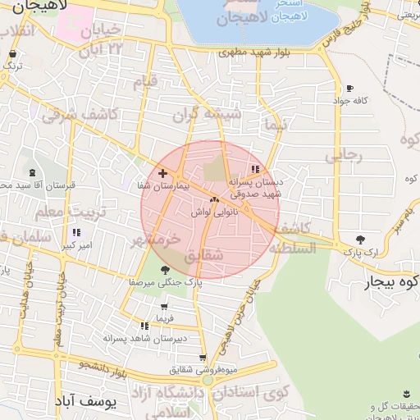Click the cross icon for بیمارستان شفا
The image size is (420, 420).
click(163, 173)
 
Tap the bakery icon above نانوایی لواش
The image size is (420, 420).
click(215, 199)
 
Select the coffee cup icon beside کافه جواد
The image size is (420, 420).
click(350, 88)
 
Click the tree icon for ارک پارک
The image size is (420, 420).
click(359, 239)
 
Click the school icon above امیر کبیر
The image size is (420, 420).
click(77, 233)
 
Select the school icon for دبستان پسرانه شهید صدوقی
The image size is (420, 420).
click(256, 169)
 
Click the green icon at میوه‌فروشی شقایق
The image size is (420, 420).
click(208, 381)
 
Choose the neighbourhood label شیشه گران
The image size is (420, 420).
click(214, 116)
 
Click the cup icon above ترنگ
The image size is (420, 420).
click(11, 51)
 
